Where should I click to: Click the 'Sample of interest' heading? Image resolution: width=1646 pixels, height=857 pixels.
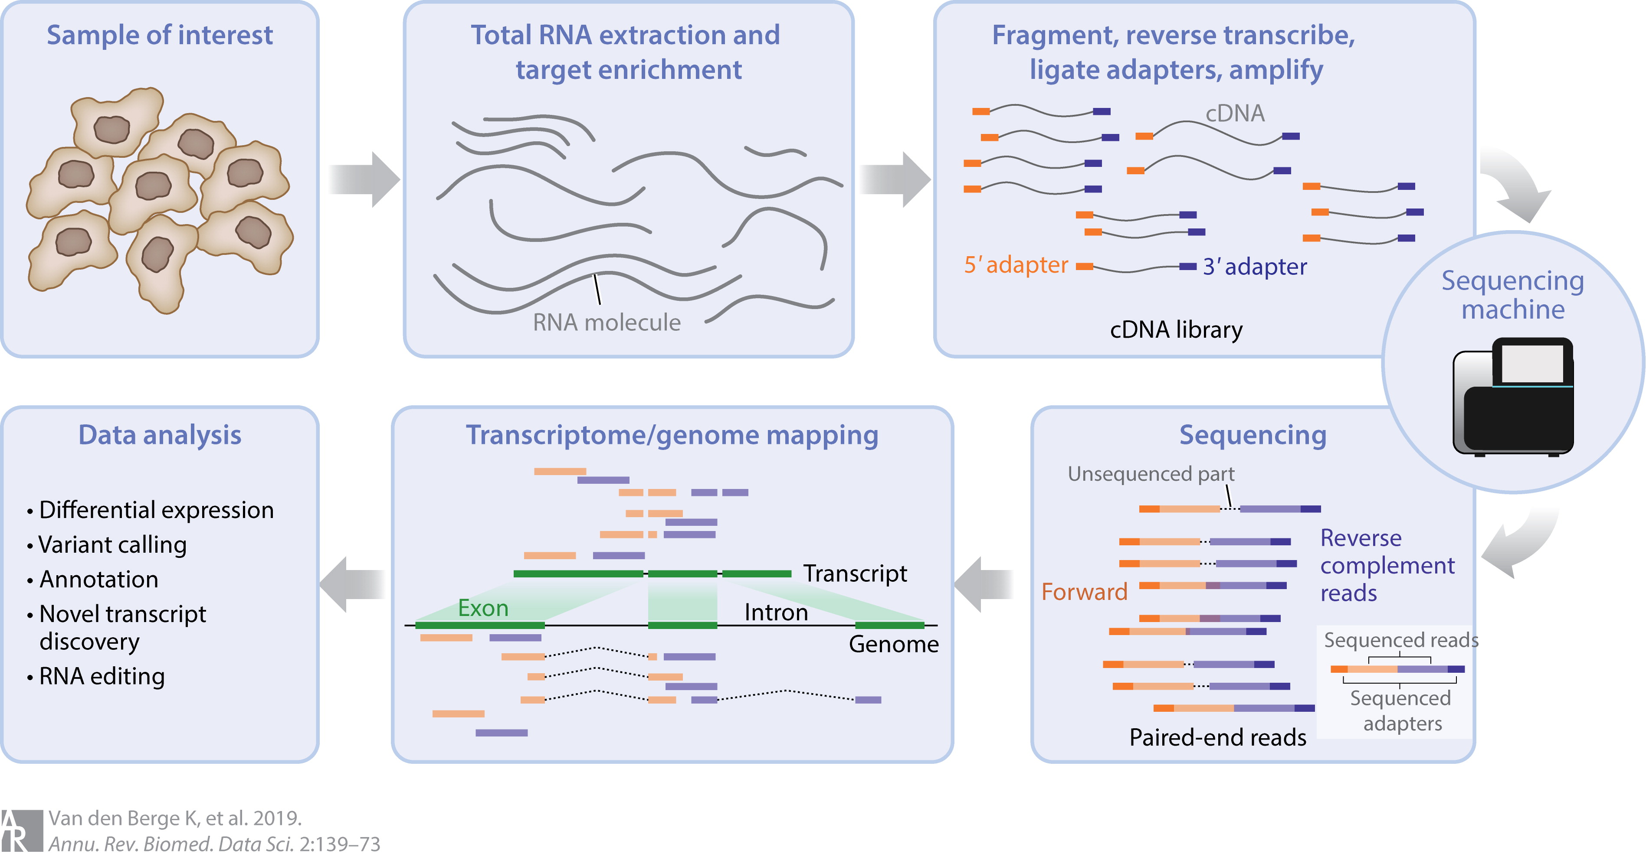click(x=159, y=35)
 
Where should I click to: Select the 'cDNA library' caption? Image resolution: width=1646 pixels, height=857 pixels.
click(x=1176, y=329)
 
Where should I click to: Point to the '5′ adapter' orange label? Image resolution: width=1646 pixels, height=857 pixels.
click(x=1015, y=264)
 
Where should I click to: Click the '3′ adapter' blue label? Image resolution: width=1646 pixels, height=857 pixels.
click(x=1254, y=266)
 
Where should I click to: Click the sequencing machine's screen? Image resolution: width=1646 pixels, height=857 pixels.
click(x=1531, y=363)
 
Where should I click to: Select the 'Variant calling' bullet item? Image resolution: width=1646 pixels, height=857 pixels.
click(x=112, y=545)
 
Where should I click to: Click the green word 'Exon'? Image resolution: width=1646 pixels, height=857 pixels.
click(x=483, y=608)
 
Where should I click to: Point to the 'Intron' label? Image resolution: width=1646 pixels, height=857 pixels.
click(x=776, y=613)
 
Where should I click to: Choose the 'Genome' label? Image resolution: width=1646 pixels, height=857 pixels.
click(x=893, y=644)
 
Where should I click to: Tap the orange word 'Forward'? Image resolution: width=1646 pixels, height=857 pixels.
click(x=1084, y=592)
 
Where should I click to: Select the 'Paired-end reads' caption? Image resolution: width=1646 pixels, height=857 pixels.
click(x=1217, y=738)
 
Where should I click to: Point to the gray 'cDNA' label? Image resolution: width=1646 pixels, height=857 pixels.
click(x=1235, y=114)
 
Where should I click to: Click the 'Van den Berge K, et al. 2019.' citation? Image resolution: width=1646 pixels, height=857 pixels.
click(x=174, y=818)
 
